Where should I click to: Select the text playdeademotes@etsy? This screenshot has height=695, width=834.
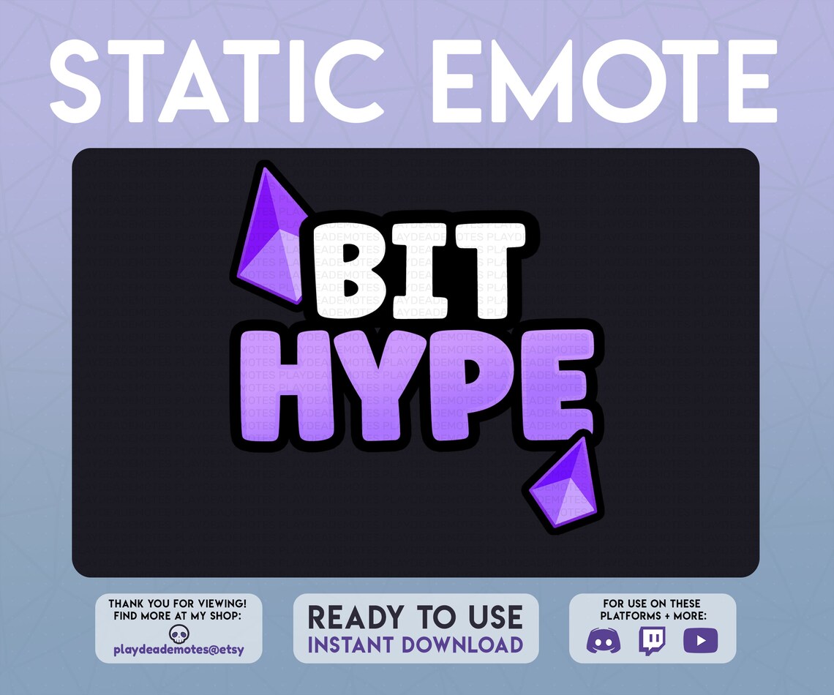click(x=178, y=650)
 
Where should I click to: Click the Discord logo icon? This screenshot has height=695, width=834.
click(x=604, y=641)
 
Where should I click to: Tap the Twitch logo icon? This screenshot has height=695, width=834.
click(x=651, y=641)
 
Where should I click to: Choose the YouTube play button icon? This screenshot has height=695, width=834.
click(x=700, y=641)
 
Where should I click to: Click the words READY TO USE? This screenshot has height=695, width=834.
click(x=415, y=617)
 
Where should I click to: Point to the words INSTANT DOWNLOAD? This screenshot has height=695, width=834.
click(x=415, y=645)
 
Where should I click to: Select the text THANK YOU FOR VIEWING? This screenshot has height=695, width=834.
click(x=178, y=604)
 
